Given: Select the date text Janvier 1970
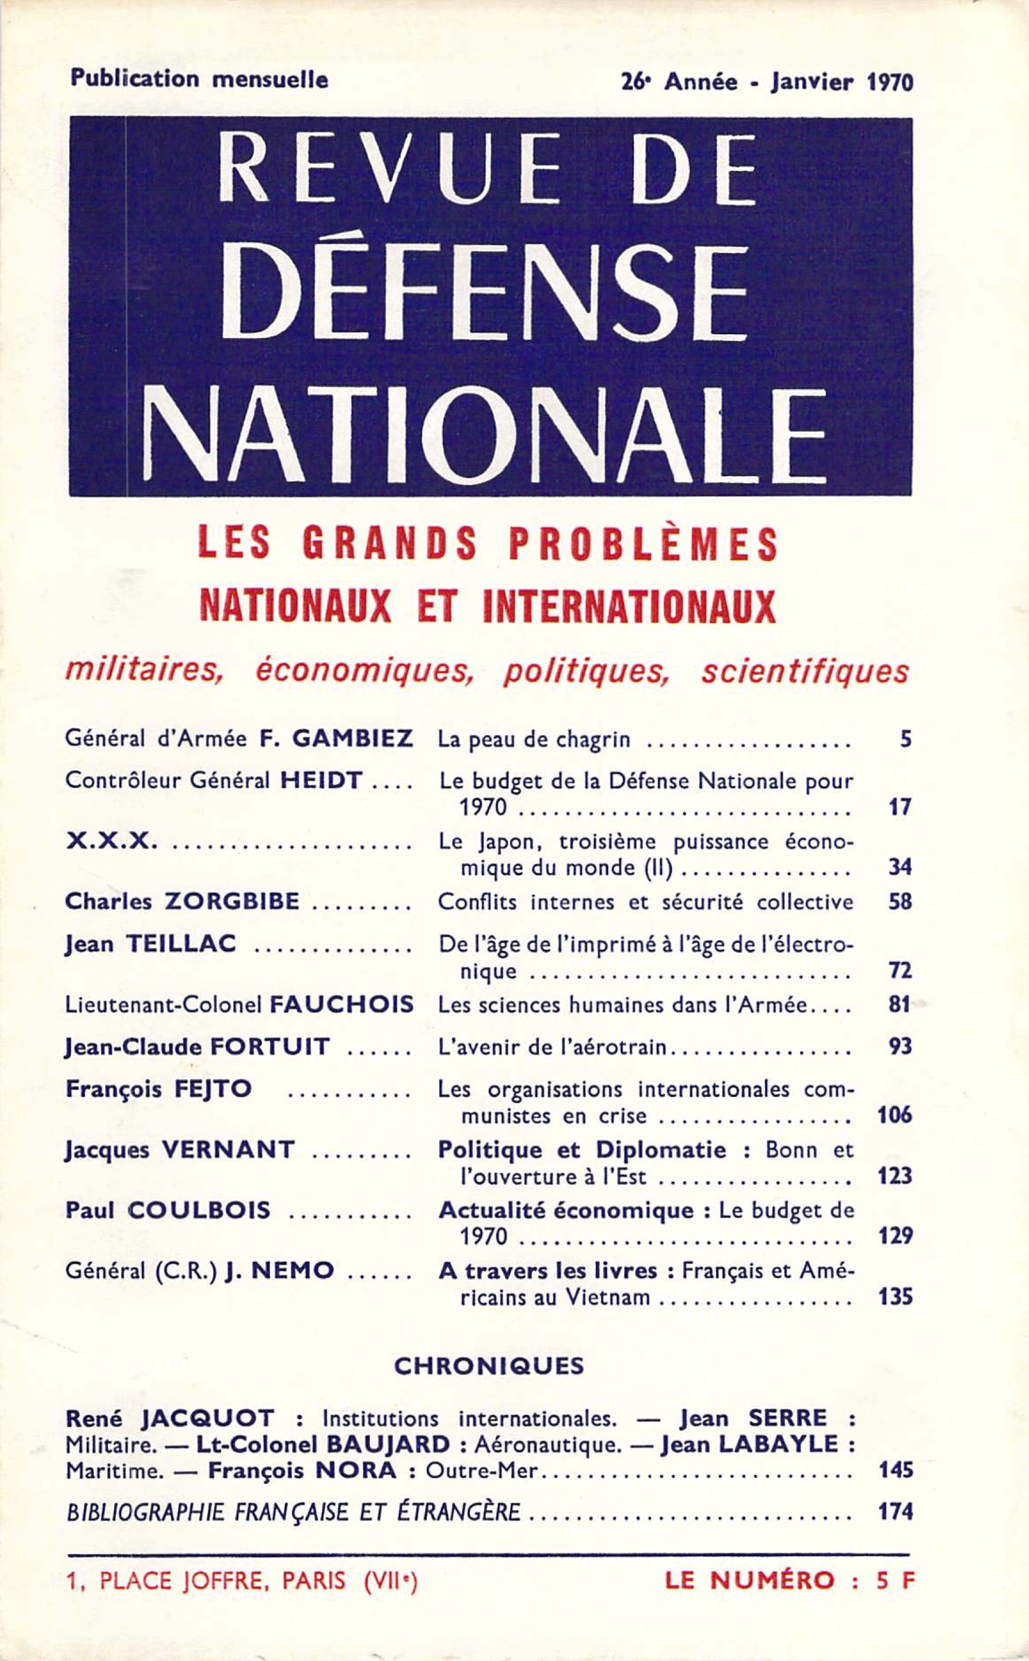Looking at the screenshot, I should tap(841, 82).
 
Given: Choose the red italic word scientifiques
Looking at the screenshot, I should tap(804, 672).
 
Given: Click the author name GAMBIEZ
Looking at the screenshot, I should tap(346, 739).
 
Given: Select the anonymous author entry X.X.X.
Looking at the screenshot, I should tap(112, 843).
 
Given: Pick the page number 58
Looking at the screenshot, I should tap(900, 903).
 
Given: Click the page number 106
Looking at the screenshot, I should tap(894, 1115).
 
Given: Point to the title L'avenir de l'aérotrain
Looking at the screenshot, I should tap(553, 1047).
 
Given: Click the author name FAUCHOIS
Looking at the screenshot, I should tap(342, 1005).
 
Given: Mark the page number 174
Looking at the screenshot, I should tap(895, 1512).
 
